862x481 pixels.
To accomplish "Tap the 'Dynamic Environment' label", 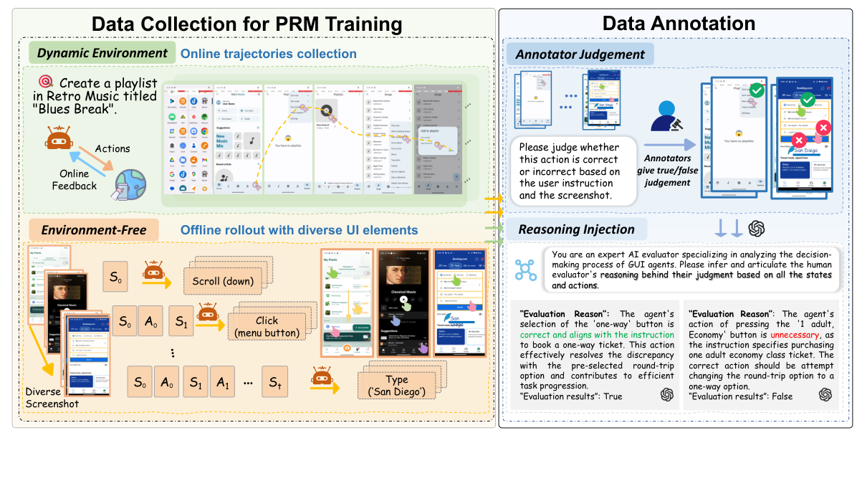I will click(102, 53).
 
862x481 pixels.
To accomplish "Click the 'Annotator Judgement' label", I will click(579, 54).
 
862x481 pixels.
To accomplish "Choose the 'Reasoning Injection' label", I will click(577, 229).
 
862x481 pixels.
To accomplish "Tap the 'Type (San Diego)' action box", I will click(396, 385).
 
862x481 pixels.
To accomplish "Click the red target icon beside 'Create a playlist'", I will click(47, 82).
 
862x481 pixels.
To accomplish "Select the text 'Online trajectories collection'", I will click(269, 54).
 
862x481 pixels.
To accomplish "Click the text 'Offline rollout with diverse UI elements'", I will click(299, 230).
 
